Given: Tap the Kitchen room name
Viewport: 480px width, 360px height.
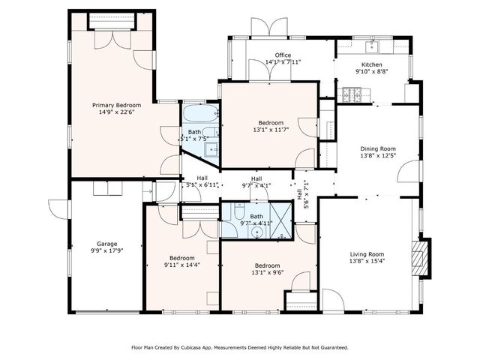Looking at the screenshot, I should click(x=372, y=65).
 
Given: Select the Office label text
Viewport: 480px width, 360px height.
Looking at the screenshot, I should click(x=283, y=55).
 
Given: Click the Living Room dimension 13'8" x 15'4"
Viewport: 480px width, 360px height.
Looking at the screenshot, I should click(x=367, y=261).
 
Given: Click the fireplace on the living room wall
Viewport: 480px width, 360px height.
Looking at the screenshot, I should click(x=420, y=253).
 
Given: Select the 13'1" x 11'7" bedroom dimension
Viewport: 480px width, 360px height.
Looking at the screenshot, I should click(x=271, y=130).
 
